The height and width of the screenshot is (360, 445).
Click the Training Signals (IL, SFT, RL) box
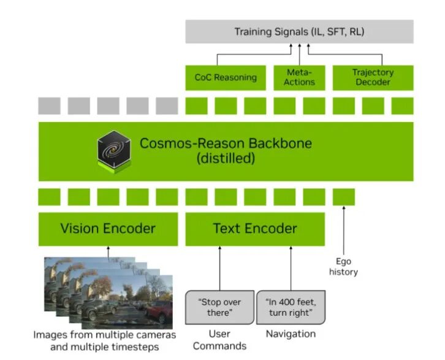pos(299,31)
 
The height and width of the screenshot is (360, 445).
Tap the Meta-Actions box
pos(300,77)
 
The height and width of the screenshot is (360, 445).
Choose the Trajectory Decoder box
pos(373,77)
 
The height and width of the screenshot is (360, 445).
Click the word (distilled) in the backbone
pos(226,159)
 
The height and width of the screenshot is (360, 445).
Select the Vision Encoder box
pos(108,229)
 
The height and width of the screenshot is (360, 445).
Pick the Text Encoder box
pos(255,229)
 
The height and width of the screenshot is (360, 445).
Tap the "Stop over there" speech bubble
pos(219,307)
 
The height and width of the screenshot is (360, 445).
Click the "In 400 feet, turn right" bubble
pos(291,307)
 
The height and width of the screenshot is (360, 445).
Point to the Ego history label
pos(343,266)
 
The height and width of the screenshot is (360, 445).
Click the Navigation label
pos(291,334)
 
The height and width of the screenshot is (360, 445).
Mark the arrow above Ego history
pos(343,230)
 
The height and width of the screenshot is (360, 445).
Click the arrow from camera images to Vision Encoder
pos(108,252)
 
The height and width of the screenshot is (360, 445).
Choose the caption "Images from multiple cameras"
pos(104,335)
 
